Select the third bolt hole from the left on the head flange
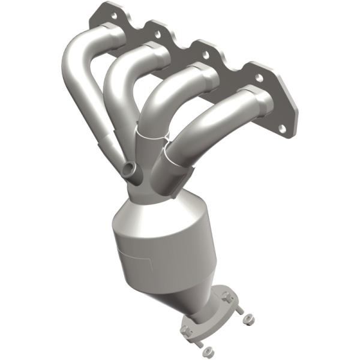click(x=205, y=55)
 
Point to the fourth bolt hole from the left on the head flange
click(x=259, y=77)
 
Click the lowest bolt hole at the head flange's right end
click(x=281, y=127)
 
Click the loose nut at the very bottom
click(x=207, y=350)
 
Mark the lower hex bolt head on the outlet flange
click(x=185, y=328)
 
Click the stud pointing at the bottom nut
click(x=198, y=341)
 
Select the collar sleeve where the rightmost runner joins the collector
click(x=171, y=159)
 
